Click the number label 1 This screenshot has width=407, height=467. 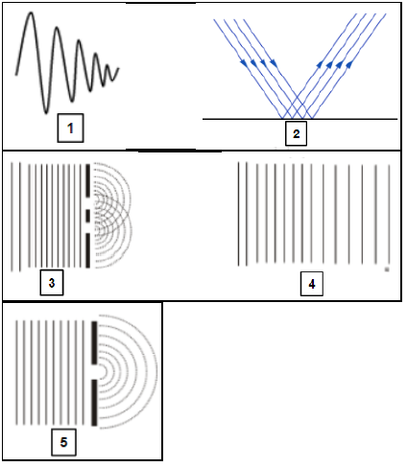(70, 128)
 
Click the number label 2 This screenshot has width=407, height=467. (296, 133)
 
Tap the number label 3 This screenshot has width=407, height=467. (52, 283)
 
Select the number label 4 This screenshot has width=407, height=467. (312, 284)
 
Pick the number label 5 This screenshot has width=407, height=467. (63, 442)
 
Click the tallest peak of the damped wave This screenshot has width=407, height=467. (31, 12)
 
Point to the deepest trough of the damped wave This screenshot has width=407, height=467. (46, 112)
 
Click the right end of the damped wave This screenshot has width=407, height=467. (119, 68)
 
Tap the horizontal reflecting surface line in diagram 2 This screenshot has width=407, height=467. (300, 119)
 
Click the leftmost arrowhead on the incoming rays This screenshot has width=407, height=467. (244, 63)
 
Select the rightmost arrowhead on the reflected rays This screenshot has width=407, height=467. (349, 64)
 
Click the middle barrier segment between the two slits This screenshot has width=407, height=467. (87, 216)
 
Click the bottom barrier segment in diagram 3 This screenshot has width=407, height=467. (87, 250)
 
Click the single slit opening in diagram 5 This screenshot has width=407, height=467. (94, 372)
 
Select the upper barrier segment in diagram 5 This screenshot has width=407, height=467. (94, 342)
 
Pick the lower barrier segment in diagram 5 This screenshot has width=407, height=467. (94, 403)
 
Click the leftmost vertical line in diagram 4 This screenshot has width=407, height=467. (238, 214)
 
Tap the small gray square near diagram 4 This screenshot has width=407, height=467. (387, 269)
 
